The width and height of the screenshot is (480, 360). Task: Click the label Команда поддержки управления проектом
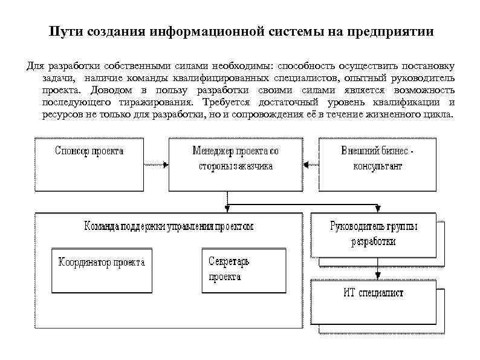pyautogui.click(x=167, y=226)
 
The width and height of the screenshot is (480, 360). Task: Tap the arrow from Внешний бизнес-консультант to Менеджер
pyautogui.click(x=311, y=163)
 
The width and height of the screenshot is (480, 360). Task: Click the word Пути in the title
pyautogui.click(x=63, y=32)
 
